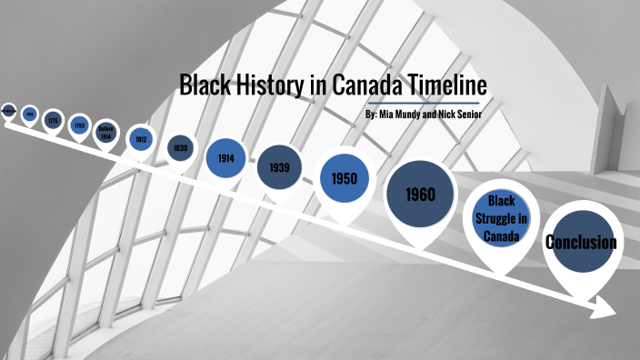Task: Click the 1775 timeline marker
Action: tap(54, 120)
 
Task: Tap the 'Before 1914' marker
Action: tap(105, 130)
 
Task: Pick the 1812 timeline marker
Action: tap(140, 139)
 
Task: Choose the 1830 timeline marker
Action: tap(179, 149)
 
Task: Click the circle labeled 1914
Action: tap(226, 158)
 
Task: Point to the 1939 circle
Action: tap(279, 168)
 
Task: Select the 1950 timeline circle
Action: tap(344, 178)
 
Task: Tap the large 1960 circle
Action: tap(420, 195)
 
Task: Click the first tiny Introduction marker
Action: tap(8, 111)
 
